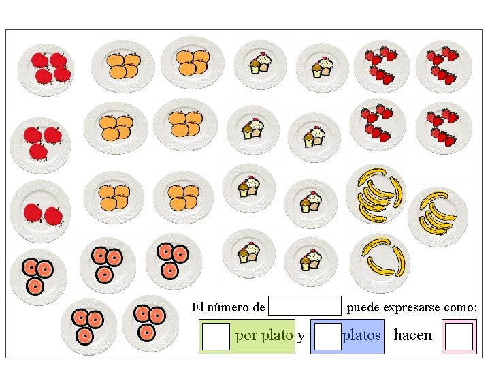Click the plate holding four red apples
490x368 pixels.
46,68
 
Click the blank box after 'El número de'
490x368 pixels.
305,305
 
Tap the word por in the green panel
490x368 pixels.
246,336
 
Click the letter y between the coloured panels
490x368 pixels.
301,336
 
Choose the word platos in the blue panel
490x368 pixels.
361,335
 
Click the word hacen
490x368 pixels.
412,335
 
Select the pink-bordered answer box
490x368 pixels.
459,337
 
